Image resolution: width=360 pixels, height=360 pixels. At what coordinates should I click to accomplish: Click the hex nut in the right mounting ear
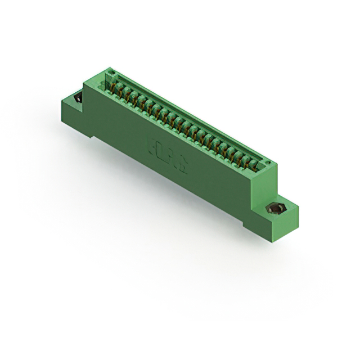277,210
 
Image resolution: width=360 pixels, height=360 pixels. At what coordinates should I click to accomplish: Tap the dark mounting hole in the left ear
77,99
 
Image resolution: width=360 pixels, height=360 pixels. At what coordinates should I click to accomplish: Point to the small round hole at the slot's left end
111,73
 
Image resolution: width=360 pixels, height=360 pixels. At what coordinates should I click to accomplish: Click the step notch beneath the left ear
90,134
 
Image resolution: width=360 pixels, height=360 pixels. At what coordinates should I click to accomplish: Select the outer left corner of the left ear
61,101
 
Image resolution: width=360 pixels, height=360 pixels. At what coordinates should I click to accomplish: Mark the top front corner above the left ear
84,84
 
